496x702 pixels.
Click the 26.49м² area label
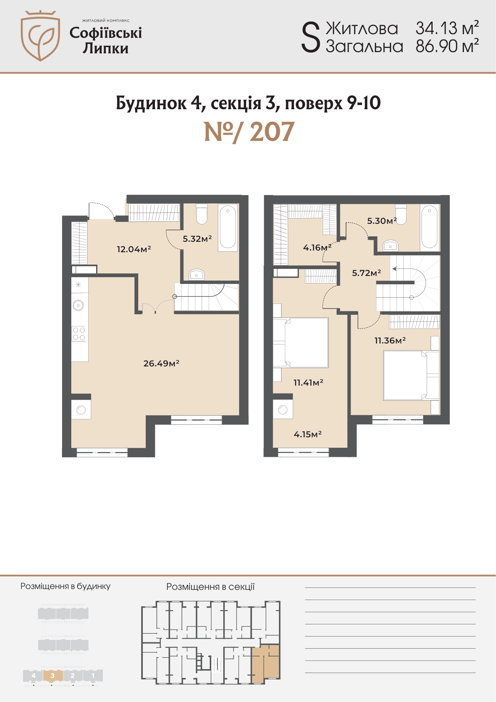161,363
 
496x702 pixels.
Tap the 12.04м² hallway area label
134,249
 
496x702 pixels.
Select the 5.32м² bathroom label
197,239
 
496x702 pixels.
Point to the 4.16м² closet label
317,248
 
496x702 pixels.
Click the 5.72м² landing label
366,273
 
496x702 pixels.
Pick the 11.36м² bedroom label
390,340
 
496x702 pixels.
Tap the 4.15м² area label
307,434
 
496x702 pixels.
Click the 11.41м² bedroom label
308,382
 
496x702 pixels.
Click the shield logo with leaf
40,35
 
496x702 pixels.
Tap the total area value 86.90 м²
447,46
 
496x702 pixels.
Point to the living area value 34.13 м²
447,28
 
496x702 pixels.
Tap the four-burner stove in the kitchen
79,333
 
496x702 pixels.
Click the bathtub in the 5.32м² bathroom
228,227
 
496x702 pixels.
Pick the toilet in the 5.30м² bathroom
401,213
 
